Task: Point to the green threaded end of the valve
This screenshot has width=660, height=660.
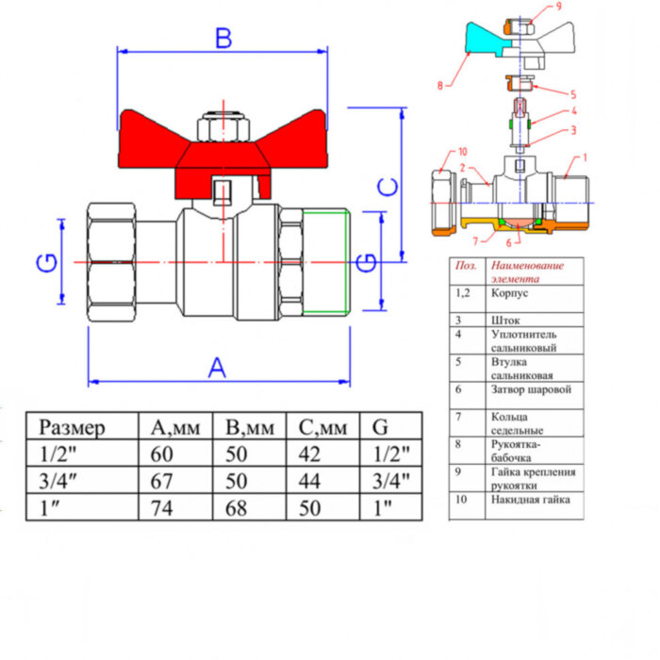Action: (327, 262)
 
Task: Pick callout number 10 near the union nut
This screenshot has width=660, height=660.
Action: (462, 151)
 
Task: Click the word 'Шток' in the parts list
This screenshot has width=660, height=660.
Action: (505, 321)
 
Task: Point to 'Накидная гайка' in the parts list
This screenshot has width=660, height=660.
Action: (530, 500)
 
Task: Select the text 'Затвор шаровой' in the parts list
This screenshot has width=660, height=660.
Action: (531, 388)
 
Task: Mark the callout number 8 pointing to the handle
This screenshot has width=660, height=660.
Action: (439, 85)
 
